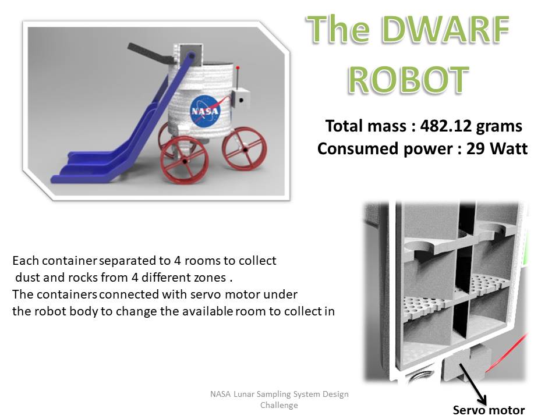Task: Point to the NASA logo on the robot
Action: tap(205, 111)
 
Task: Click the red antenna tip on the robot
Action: tap(238, 68)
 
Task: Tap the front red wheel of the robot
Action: tap(185, 161)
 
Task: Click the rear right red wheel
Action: tap(245, 148)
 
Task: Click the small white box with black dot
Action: tap(240, 99)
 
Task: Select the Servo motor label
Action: tap(489, 410)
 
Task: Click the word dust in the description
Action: tap(27, 278)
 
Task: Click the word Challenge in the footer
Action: tap(279, 405)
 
